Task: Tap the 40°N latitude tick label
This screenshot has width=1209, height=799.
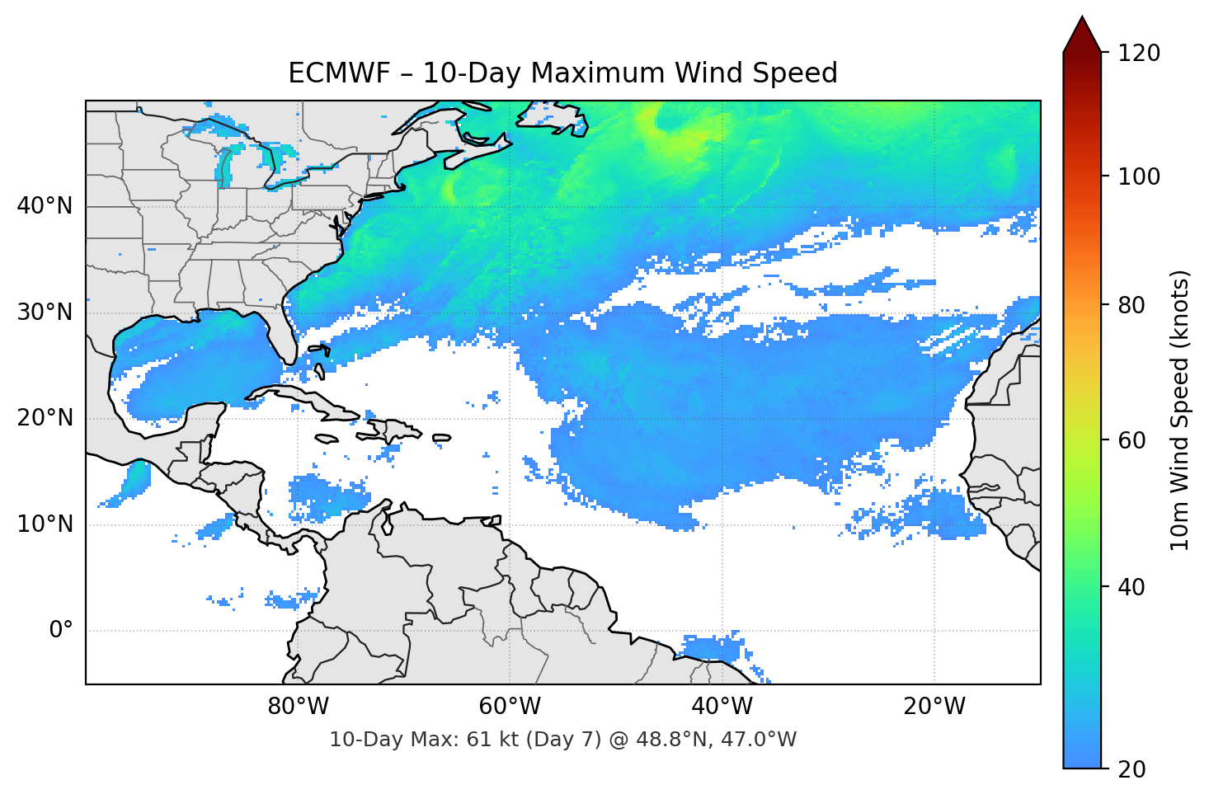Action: (x=45, y=205)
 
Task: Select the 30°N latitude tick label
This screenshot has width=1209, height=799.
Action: (x=45, y=313)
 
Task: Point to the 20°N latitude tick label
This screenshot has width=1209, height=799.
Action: (x=45, y=418)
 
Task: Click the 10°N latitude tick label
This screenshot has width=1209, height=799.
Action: (x=45, y=524)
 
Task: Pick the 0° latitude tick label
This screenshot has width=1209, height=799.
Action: (x=60, y=631)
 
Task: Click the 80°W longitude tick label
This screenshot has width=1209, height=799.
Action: (x=298, y=707)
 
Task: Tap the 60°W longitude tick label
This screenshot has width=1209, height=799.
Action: (x=510, y=707)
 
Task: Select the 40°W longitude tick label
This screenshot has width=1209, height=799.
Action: (x=722, y=707)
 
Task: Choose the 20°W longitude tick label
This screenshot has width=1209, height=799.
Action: (x=934, y=707)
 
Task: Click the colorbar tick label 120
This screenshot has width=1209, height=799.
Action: (x=1139, y=53)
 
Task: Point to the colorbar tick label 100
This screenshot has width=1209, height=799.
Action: (x=1139, y=176)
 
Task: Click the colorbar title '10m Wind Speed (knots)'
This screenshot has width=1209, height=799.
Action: (x=1180, y=411)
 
